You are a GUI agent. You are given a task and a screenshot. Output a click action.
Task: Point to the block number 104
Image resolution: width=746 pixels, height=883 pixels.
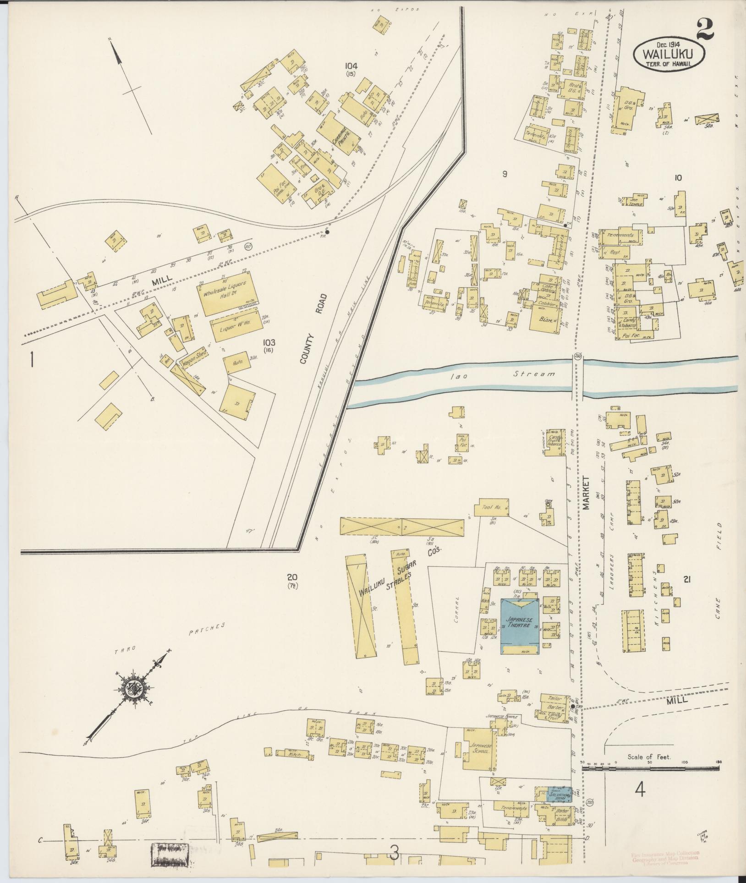351,66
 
